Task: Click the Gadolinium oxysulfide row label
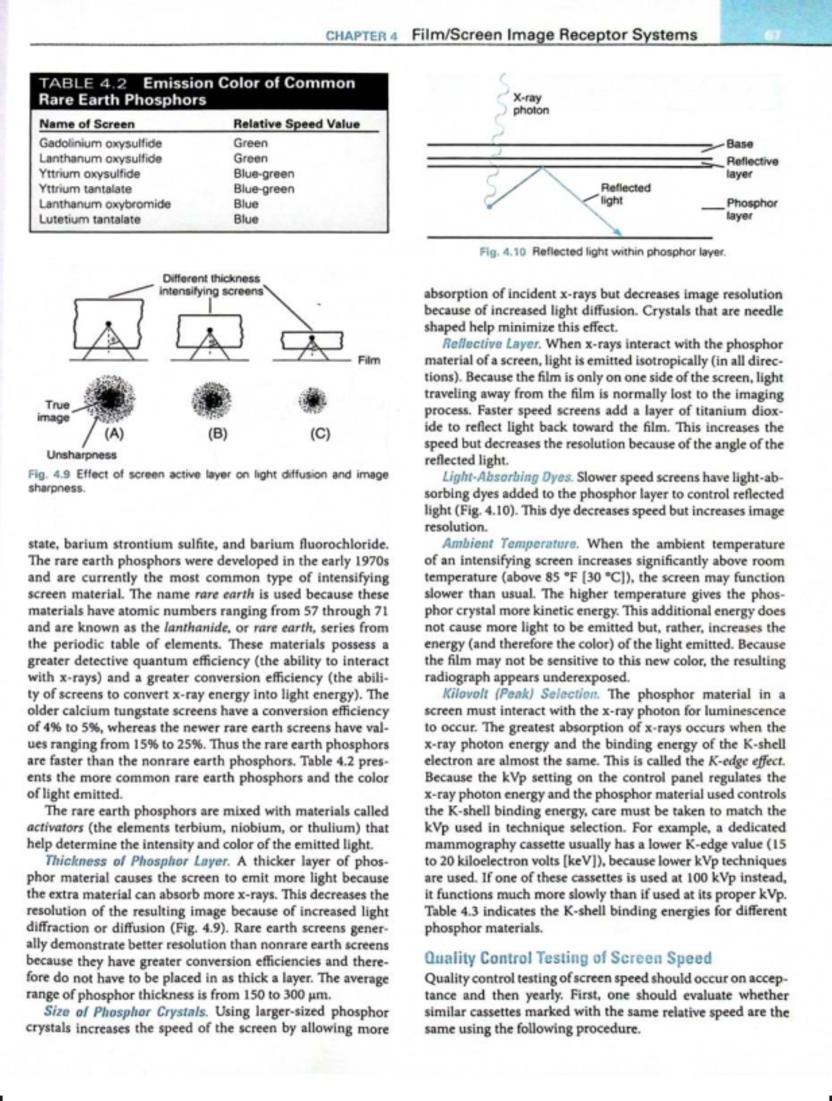[100, 144]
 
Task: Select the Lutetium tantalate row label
[89, 219]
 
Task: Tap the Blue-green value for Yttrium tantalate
[263, 189]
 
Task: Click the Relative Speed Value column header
[297, 124]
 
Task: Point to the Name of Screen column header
[87, 124]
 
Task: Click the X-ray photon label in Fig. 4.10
[530, 105]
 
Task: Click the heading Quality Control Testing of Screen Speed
[567, 958]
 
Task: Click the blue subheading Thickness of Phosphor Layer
[137, 862]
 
